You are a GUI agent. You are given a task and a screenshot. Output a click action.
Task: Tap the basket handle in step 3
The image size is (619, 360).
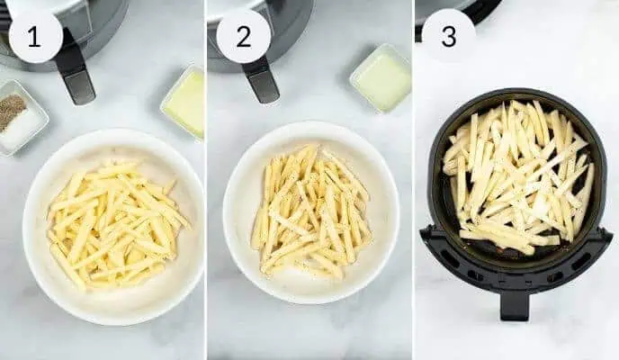click(515, 301)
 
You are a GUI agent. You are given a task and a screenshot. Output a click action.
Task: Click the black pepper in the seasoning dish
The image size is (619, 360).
click(12, 112)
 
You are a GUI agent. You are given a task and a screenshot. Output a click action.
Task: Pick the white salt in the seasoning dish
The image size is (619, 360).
click(27, 127)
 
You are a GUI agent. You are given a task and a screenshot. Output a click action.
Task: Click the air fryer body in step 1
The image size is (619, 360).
click(90, 27)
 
